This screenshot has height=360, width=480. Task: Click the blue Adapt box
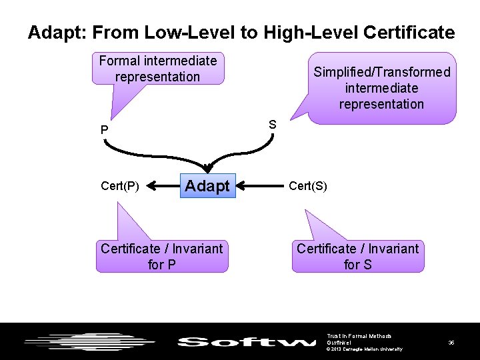click(207, 186)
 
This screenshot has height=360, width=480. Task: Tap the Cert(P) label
click(119, 186)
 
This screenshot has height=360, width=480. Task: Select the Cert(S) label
click(308, 186)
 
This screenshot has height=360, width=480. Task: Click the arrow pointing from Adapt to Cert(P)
click(163, 186)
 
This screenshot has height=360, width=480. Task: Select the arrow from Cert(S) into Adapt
click(259, 186)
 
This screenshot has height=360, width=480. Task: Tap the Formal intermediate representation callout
click(158, 69)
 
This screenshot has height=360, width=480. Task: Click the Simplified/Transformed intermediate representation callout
click(381, 88)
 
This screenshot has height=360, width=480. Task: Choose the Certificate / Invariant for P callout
click(161, 257)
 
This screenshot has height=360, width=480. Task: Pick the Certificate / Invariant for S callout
click(358, 257)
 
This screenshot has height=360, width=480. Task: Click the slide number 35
click(451, 343)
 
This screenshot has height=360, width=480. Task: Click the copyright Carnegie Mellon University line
click(365, 349)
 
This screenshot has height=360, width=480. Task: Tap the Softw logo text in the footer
click(246, 343)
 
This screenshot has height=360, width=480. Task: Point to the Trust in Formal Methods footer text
click(359, 335)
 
